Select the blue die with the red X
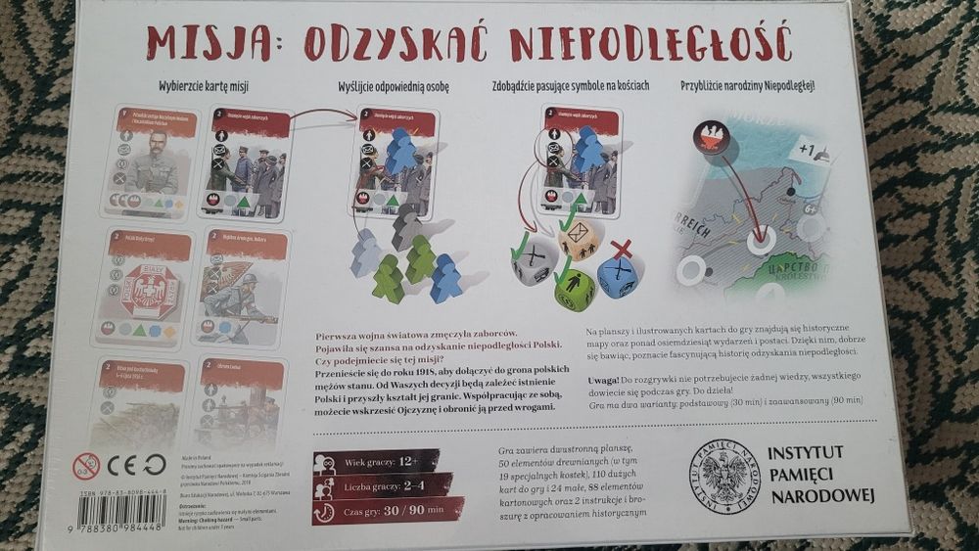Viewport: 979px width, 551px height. click(x=618, y=276)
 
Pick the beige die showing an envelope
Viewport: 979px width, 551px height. click(x=579, y=238)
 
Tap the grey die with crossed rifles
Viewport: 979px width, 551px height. click(x=532, y=263)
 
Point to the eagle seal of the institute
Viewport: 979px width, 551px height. click(x=723, y=477)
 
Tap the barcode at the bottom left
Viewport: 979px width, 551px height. click(x=121, y=513)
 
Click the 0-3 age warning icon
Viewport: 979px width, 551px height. click(x=87, y=465)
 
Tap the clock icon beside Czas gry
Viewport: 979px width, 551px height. click(x=325, y=512)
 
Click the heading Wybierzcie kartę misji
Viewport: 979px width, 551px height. click(x=205, y=86)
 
